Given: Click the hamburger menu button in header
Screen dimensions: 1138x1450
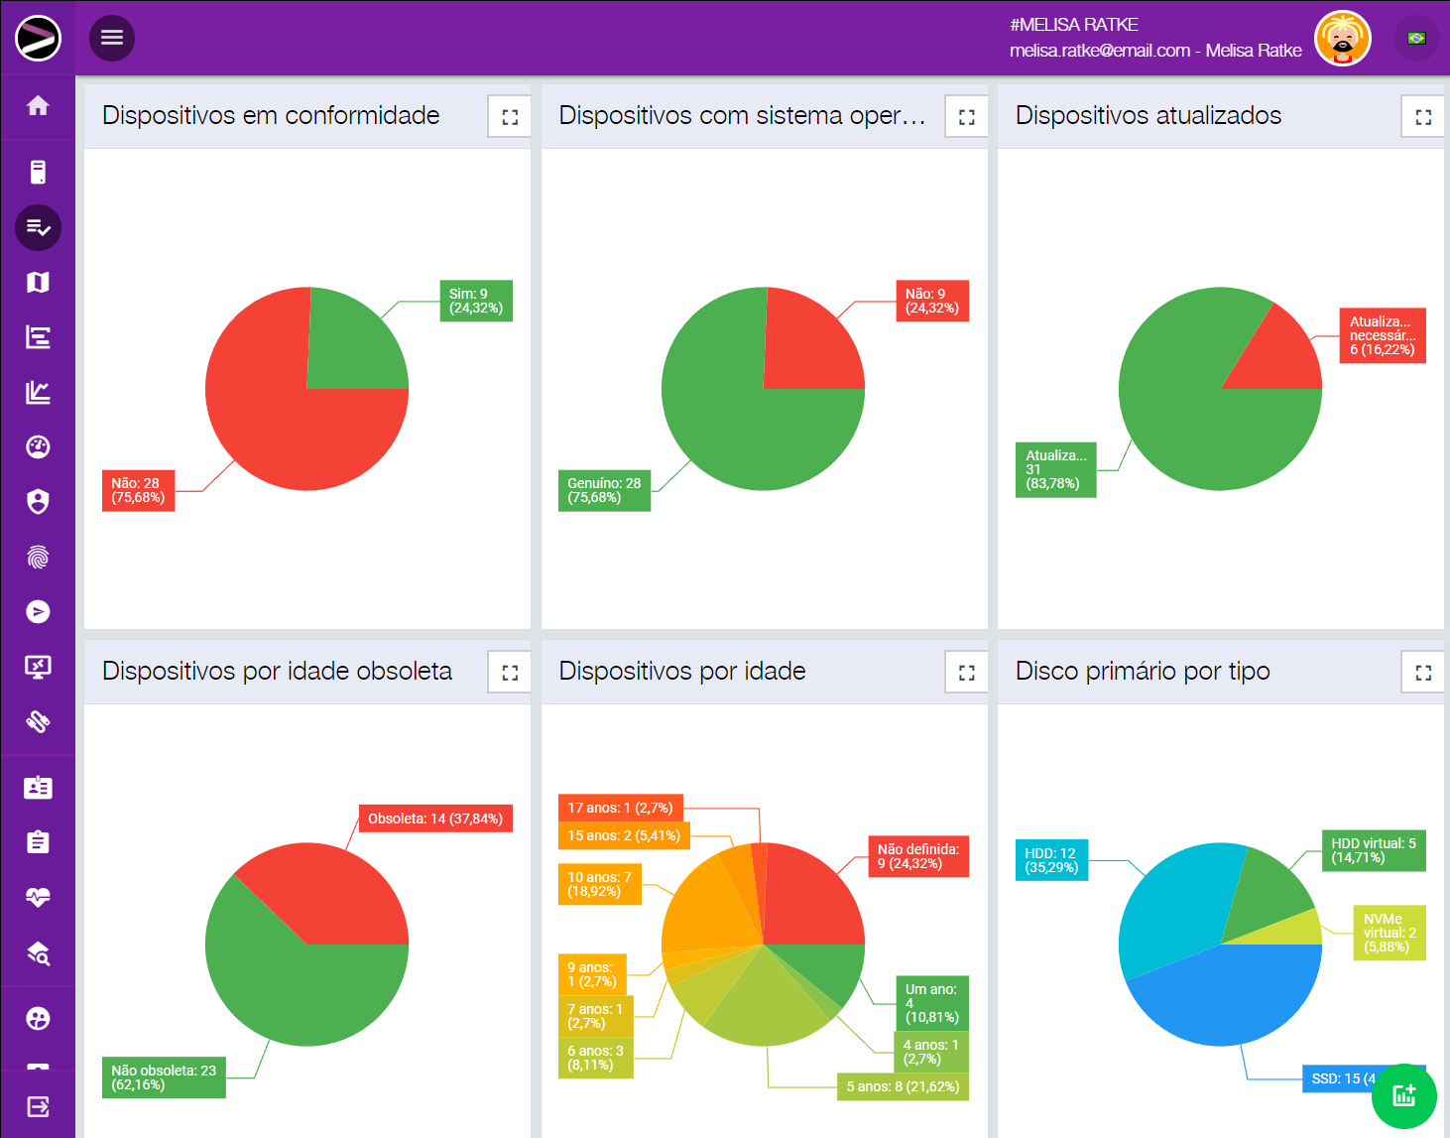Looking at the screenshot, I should coord(112,38).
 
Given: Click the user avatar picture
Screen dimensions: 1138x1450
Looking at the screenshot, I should coord(1342,39).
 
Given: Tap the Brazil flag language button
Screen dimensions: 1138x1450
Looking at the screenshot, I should coord(1416,39).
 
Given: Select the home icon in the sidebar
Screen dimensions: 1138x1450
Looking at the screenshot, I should coord(38,106).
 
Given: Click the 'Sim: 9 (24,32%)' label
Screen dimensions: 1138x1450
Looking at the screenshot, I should coord(476,301).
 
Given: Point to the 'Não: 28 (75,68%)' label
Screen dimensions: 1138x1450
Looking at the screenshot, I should coord(138,490).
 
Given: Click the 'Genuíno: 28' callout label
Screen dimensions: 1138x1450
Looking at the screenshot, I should coord(604,490).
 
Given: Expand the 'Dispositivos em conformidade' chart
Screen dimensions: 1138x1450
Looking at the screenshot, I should coord(510,117).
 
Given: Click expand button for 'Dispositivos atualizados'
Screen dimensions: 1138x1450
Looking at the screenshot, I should coord(1423,117).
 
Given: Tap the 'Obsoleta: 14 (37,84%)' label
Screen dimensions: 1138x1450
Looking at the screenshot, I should coord(435,819).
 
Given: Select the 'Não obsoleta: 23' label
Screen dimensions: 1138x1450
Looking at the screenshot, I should coord(164,1077).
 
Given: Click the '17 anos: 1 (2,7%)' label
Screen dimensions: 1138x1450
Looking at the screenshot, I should coord(620,808).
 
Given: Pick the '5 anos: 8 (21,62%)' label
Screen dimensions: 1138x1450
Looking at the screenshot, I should coord(903,1086).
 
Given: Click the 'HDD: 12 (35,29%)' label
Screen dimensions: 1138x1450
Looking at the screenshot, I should coord(1050,860).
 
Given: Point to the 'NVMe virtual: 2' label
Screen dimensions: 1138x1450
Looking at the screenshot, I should coord(1390,933).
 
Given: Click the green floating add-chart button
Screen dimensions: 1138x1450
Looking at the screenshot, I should coord(1403,1095).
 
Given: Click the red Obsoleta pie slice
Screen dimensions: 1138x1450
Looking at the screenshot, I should coord(327,893).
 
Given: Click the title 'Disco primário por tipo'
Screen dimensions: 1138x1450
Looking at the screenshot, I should coord(1143,672).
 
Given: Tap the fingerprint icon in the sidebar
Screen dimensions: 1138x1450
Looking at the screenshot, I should coord(38,557).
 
